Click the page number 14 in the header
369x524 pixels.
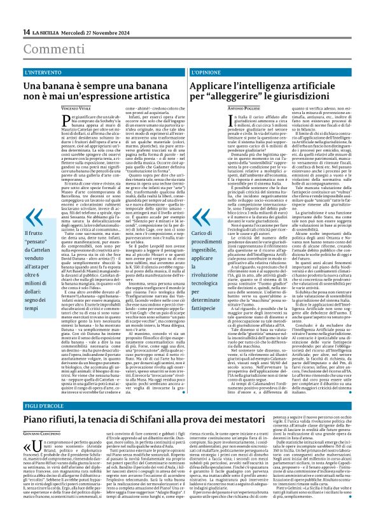[26, 32]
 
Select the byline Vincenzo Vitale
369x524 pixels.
[78, 110]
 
